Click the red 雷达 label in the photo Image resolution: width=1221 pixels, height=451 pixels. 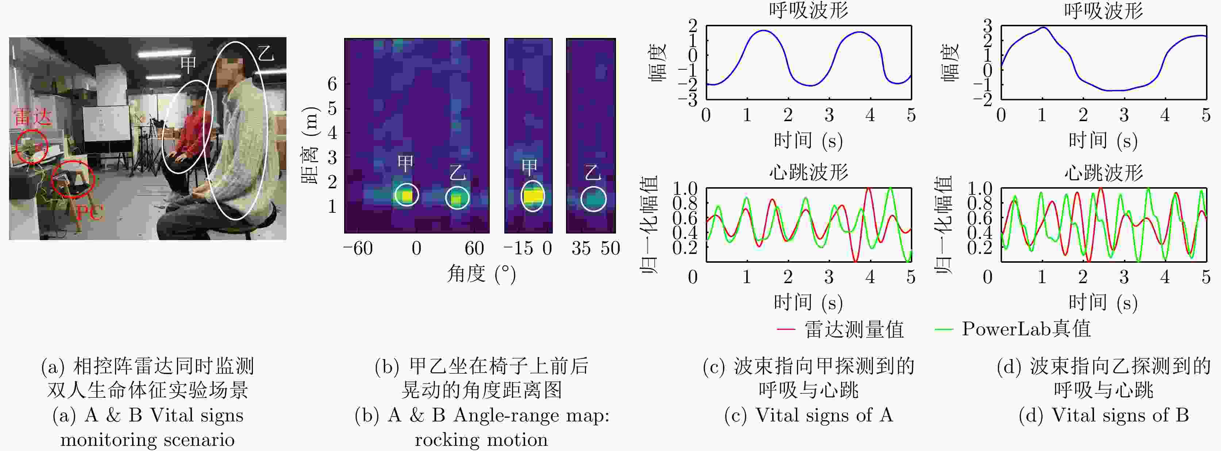tap(32, 116)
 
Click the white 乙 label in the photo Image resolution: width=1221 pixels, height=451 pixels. tap(266, 53)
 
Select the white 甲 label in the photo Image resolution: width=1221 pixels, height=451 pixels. tap(188, 65)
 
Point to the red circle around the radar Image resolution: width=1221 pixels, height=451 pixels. tap(32, 146)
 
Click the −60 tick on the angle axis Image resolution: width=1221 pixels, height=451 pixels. tap(358, 248)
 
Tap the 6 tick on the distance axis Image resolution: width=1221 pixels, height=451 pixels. tap(332, 84)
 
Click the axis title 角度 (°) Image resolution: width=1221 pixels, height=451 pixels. tap(481, 274)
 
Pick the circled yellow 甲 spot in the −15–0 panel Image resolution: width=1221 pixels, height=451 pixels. tap(532, 196)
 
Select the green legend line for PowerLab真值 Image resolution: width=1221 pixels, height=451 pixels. tap(943, 329)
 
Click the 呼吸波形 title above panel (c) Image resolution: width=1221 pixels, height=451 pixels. tap(809, 11)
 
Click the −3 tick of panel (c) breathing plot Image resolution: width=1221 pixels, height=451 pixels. tap(688, 100)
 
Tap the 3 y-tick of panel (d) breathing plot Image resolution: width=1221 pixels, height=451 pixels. tap(987, 26)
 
